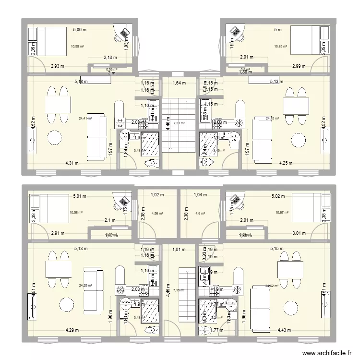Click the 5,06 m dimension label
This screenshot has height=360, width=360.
click(x=80, y=30)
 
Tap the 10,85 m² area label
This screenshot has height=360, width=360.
click(x=281, y=47)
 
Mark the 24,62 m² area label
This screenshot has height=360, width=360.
click(x=272, y=286)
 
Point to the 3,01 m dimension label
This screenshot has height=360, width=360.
click(x=299, y=233)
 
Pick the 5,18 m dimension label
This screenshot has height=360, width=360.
click(x=81, y=82)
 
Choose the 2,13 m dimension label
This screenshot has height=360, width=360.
click(x=111, y=58)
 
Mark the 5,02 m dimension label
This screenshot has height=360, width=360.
click(x=278, y=196)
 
